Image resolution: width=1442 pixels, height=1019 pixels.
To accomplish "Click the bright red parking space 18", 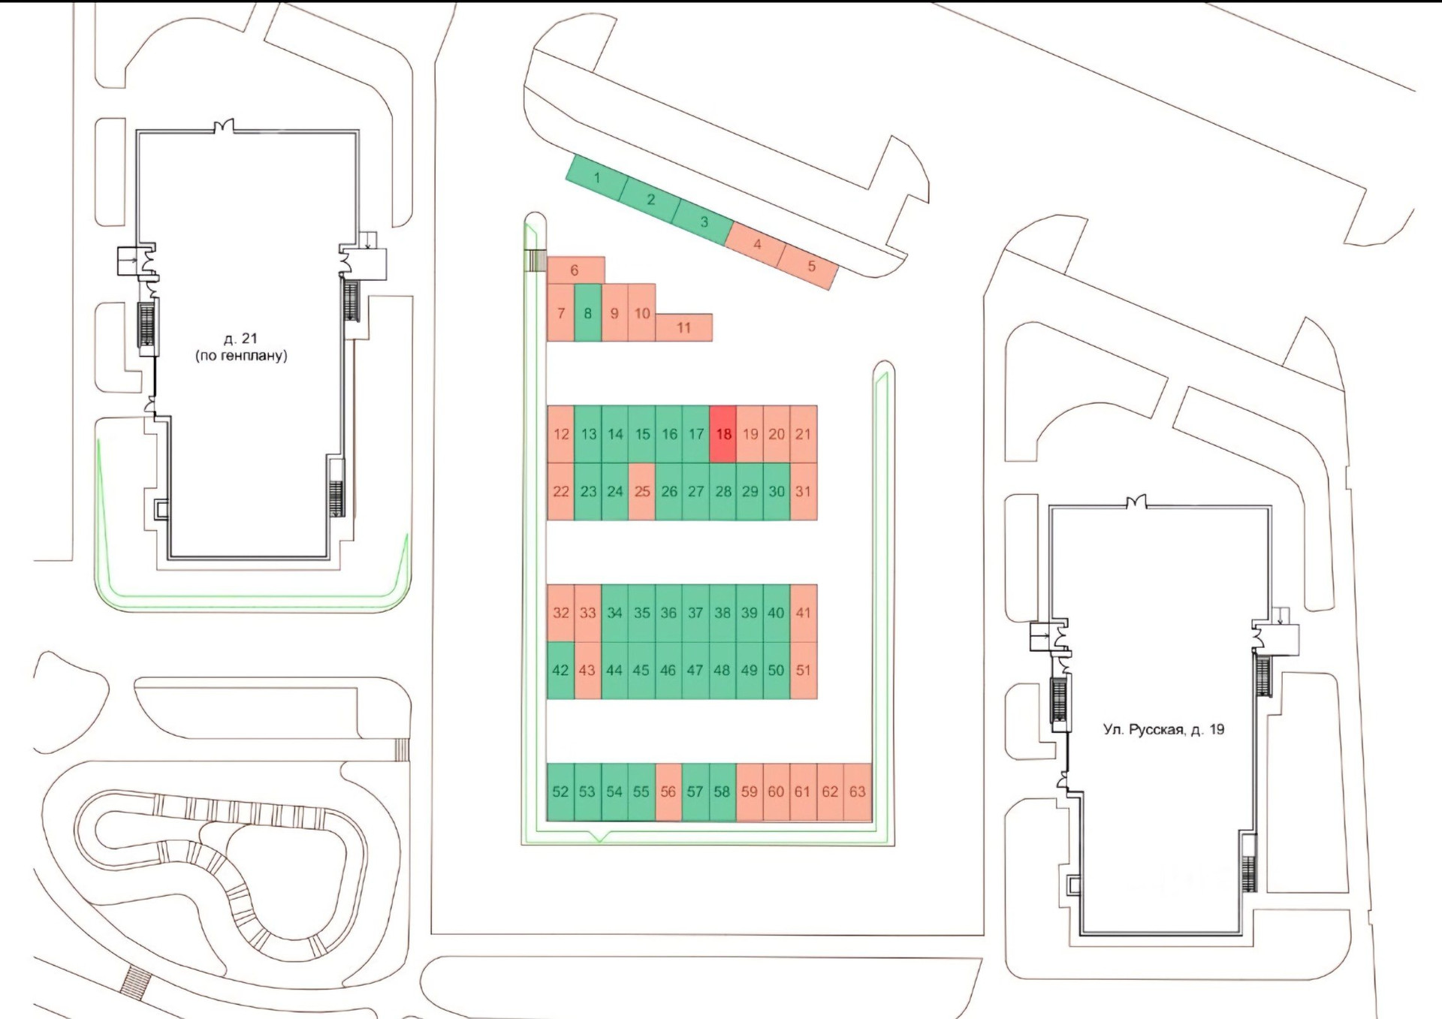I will [x=723, y=434].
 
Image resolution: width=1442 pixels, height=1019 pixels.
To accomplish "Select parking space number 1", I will [x=596, y=179].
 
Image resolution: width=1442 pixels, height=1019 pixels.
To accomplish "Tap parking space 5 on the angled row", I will [x=810, y=267].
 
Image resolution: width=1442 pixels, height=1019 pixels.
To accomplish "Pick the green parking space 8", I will [x=588, y=313].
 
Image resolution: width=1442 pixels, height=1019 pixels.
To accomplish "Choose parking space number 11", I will [x=683, y=327].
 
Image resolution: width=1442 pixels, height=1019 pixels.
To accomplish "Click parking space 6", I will [x=575, y=270].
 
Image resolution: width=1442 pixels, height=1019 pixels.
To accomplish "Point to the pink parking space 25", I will [x=641, y=492].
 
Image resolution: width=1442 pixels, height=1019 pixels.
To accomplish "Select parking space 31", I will [x=803, y=492].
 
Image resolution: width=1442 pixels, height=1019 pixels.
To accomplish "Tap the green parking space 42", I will [x=560, y=670].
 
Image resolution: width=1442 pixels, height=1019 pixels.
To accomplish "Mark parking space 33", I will [x=587, y=613].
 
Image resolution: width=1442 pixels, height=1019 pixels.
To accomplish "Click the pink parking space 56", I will [x=668, y=791].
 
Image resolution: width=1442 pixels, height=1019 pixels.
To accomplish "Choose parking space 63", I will [x=857, y=791].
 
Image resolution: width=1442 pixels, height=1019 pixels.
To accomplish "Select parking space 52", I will [x=560, y=791].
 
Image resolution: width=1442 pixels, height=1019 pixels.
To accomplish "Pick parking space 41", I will [x=803, y=613].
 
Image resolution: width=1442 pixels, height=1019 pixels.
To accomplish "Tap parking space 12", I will [x=561, y=434].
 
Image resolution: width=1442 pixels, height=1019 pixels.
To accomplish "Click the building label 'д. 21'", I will [x=240, y=339].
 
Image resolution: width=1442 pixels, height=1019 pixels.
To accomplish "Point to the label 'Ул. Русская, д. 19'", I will [x=1163, y=729].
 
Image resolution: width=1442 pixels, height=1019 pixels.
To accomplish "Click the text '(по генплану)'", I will [x=241, y=356].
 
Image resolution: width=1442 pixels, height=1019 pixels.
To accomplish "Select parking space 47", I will [x=695, y=670].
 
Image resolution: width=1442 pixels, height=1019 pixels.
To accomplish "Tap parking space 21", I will [x=803, y=434].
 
